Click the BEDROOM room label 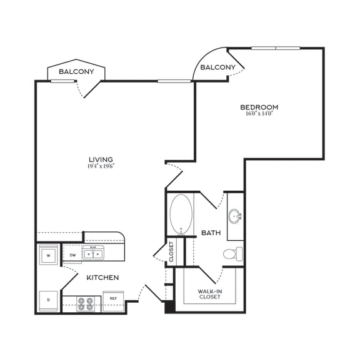[x=259, y=107]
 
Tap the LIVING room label [x=100, y=160]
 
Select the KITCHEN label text [x=102, y=277]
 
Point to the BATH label [x=210, y=233]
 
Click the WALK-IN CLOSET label [x=209, y=293]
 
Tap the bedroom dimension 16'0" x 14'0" [x=259, y=114]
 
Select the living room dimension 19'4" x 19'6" [x=100, y=166]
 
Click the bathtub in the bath [x=181, y=214]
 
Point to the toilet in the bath [x=233, y=254]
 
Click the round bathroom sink [x=236, y=216]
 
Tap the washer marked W [x=48, y=255]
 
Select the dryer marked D [x=48, y=300]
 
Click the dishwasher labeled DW [x=72, y=255]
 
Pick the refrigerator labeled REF [x=113, y=300]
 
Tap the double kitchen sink [x=95, y=254]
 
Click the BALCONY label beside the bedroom [x=217, y=68]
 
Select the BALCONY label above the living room [x=76, y=72]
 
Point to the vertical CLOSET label [x=171, y=252]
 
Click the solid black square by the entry [x=169, y=307]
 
